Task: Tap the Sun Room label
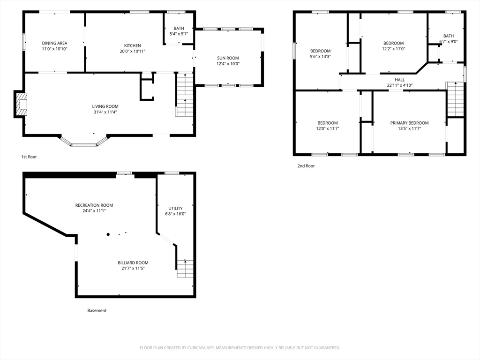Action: click(228, 58)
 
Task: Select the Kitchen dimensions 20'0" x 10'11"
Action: click(133, 51)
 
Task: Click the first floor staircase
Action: click(185, 95)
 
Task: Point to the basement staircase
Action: click(185, 269)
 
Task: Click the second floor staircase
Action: click(455, 99)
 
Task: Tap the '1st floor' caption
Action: click(29, 157)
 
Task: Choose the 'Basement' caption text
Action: click(97, 310)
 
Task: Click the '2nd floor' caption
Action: click(306, 166)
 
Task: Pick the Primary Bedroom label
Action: click(409, 123)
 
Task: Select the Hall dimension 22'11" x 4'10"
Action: click(400, 85)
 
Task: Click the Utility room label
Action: click(175, 208)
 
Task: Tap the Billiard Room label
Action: click(133, 262)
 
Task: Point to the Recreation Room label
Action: click(94, 205)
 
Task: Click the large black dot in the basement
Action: click(108, 234)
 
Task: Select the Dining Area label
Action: click(54, 43)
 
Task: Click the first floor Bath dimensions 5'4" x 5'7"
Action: click(179, 34)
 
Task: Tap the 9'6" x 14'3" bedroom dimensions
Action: click(320, 56)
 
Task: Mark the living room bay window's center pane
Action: click(84, 144)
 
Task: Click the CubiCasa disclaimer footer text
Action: click(240, 348)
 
